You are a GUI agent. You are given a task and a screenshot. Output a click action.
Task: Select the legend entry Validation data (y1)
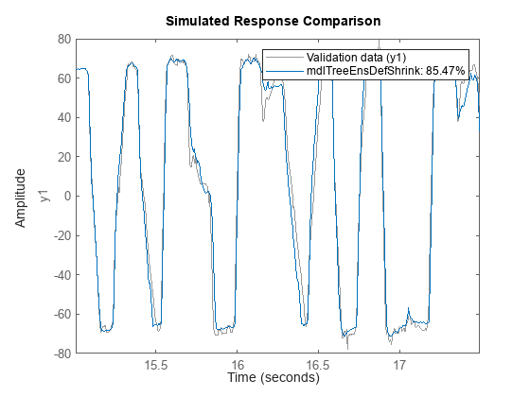(342, 59)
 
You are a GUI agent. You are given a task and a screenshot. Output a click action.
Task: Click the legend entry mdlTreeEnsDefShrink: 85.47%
(380, 72)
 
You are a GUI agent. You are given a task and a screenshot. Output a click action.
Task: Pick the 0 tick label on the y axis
(64, 197)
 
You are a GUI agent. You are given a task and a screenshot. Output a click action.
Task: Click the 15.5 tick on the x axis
(156, 364)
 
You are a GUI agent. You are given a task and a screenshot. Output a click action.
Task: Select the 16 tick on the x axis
(238, 364)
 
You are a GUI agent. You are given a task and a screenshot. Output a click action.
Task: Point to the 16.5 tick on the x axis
(318, 364)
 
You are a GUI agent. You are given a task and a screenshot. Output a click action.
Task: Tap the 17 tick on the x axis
(399, 364)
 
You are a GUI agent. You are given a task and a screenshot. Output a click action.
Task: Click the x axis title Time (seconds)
(274, 377)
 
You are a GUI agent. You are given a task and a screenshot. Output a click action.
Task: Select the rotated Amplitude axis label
(21, 197)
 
